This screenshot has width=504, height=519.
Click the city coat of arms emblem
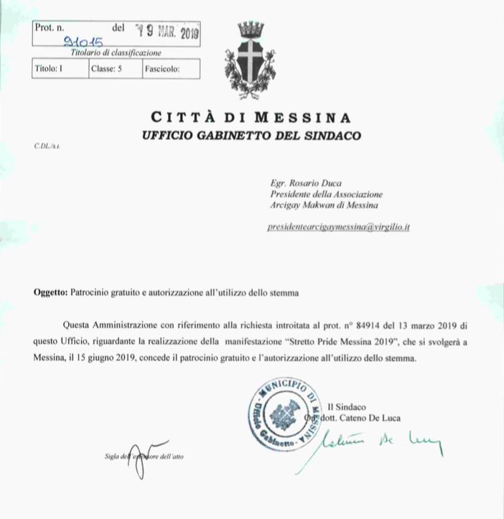(x=251, y=60)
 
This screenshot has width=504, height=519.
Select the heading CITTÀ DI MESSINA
(x=251, y=117)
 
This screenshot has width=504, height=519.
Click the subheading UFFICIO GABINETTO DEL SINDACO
(x=251, y=135)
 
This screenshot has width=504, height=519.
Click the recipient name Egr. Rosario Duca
(x=302, y=183)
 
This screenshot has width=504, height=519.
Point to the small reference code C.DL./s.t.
(x=47, y=146)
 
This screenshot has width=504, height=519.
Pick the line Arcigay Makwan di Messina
(x=317, y=205)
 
